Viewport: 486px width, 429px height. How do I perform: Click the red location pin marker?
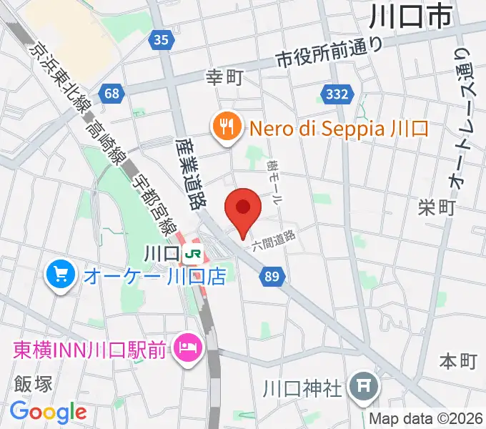pyautogui.click(x=242, y=209)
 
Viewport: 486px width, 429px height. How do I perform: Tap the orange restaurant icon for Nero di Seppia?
pyautogui.click(x=227, y=128)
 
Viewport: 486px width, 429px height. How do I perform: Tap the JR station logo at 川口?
pyautogui.click(x=192, y=253)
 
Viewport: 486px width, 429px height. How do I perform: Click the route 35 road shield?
pyautogui.click(x=161, y=41)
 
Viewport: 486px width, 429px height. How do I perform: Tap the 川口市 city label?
pyautogui.click(x=413, y=16)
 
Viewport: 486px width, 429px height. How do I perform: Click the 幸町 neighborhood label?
pyautogui.click(x=224, y=77)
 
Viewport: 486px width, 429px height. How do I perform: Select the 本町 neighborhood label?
pyautogui.click(x=457, y=360)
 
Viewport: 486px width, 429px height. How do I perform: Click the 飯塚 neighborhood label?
pyautogui.click(x=33, y=384)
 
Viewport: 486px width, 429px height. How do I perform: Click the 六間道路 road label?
pyautogui.click(x=274, y=240)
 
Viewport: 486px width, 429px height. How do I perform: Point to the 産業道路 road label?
pyautogui.click(x=189, y=172)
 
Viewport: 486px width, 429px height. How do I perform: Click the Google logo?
pyautogui.click(x=48, y=412)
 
